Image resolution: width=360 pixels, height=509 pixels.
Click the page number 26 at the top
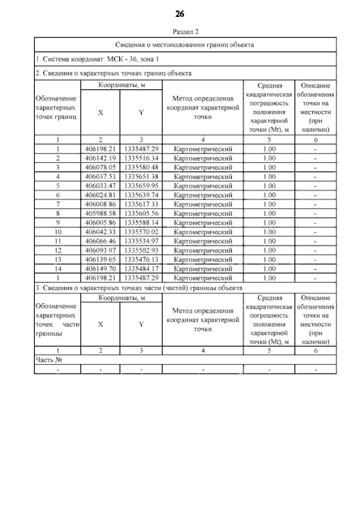coord(179,13)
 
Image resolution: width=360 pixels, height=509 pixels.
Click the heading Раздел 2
coord(180,31)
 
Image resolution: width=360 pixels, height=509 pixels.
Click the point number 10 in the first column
coord(57,232)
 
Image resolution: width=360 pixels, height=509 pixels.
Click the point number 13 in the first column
coord(57,259)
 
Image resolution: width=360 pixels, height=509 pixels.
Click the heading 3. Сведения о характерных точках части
coord(138,287)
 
